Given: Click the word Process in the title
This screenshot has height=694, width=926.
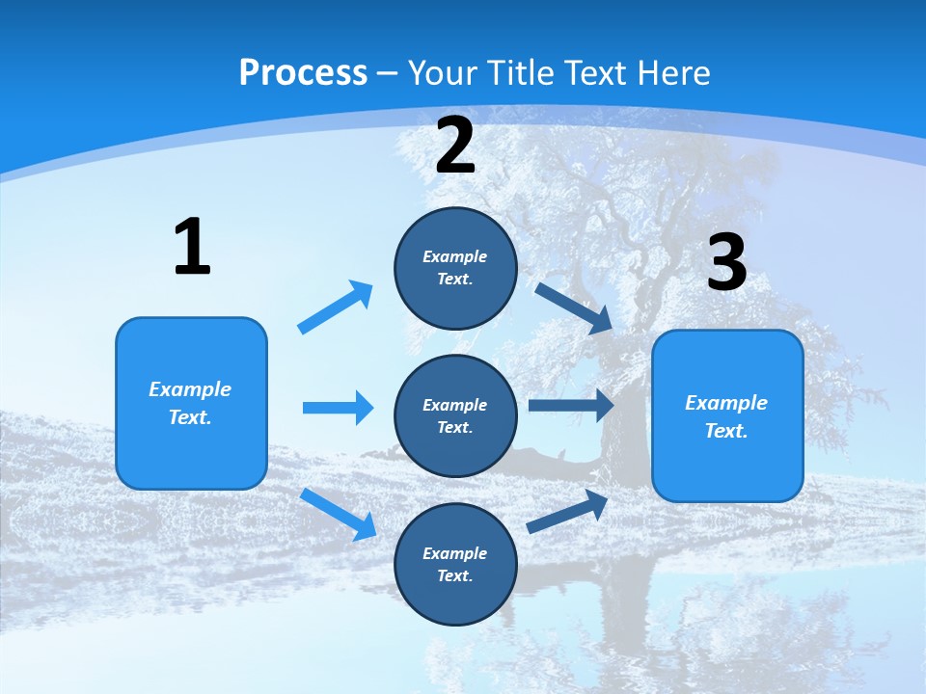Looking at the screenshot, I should coord(303,72).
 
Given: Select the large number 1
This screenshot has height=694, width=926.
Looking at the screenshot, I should coord(192,247).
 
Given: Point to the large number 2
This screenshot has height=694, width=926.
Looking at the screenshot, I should coord(454,147).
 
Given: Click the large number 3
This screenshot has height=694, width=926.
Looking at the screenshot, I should coord(726,262).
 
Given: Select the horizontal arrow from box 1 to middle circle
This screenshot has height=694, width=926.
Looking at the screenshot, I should coord(338,408).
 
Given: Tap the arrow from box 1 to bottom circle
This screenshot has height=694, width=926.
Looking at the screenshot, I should coord(338,514).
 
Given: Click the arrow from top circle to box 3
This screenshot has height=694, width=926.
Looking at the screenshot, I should coord(574,307).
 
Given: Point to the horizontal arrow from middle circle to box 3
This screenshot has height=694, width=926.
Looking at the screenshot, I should coord(571,406).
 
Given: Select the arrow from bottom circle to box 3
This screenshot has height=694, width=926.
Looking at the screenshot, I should coord(568,511).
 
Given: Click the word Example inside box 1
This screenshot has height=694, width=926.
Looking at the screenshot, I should coord(190,389).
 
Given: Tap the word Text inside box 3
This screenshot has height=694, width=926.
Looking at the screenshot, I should coord(725,431).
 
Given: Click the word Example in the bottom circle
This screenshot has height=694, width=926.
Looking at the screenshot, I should coord(454,553).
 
